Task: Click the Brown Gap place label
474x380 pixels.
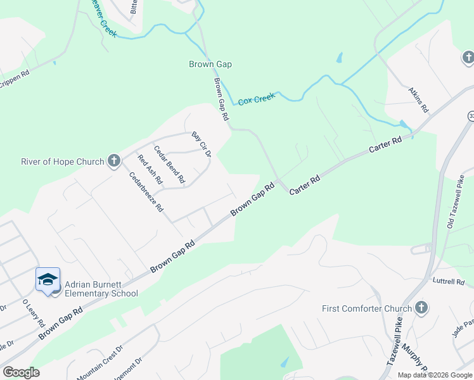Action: [x=210, y=64]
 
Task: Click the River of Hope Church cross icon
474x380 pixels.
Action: [x=113, y=160]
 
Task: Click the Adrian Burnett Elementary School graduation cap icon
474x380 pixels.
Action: [x=48, y=280]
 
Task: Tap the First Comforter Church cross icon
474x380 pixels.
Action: [x=421, y=308]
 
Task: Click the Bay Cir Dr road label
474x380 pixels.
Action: [x=201, y=144]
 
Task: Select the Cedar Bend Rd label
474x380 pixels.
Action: [x=169, y=165]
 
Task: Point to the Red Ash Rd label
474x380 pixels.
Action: [x=150, y=170]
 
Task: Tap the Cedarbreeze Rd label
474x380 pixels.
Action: [x=146, y=192]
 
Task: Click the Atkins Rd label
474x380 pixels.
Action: [x=419, y=100]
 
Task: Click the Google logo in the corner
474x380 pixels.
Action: [x=21, y=372]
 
